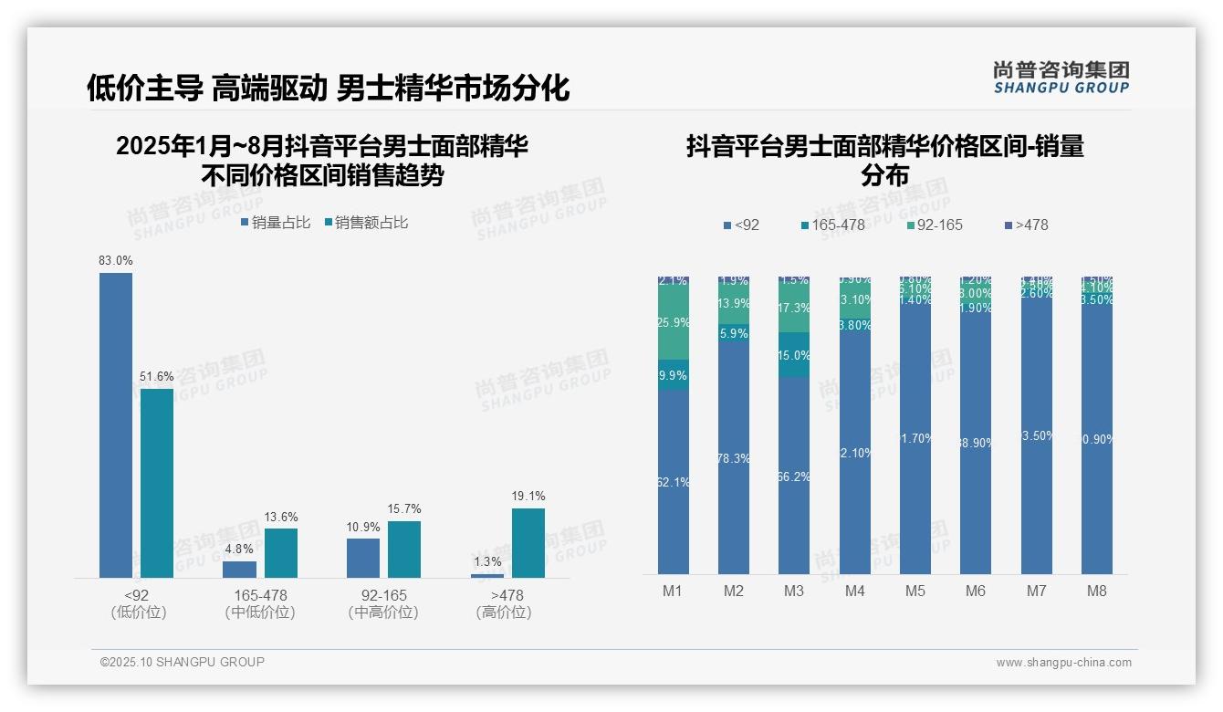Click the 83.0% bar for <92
click(x=116, y=424)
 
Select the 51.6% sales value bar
click(x=157, y=483)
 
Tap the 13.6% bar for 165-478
click(x=281, y=552)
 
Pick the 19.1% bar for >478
click(x=528, y=542)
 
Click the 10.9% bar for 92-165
click(x=363, y=558)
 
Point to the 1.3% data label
click(x=487, y=561)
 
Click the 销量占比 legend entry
click(x=277, y=223)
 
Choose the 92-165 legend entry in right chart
click(x=936, y=225)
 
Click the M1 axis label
click(x=673, y=591)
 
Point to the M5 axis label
click(x=915, y=591)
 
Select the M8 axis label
click(x=1097, y=591)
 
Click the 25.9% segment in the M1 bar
click(x=674, y=323)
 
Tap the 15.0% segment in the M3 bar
click(x=794, y=355)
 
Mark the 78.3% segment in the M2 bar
click(x=734, y=458)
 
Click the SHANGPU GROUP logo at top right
click(x=1061, y=78)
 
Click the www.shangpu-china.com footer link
click(x=1063, y=663)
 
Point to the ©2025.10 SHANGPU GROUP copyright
click(x=183, y=662)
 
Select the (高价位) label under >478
click(x=503, y=613)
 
